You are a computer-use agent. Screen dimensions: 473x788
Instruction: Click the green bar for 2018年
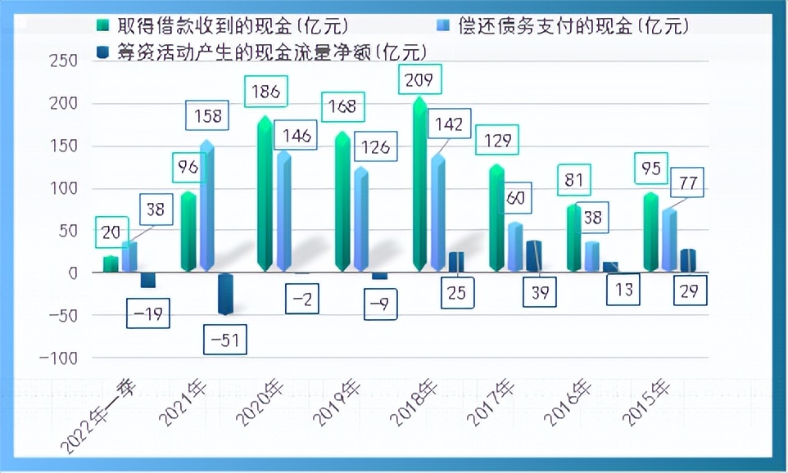click(x=419, y=184)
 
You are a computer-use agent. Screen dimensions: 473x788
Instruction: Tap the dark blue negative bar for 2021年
click(x=225, y=293)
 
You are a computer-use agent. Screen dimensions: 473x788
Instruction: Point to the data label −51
click(x=224, y=340)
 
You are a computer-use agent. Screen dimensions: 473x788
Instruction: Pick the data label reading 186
click(x=267, y=92)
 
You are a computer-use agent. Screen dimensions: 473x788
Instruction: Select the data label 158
click(x=208, y=115)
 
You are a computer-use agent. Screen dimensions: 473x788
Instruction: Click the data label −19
click(x=148, y=313)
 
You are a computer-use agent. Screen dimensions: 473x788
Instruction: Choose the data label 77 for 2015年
click(x=688, y=182)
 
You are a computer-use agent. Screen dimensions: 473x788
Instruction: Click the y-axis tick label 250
click(x=63, y=61)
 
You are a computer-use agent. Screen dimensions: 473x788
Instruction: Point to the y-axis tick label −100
click(x=57, y=358)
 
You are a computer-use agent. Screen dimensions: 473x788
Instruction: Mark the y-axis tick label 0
click(x=72, y=273)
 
